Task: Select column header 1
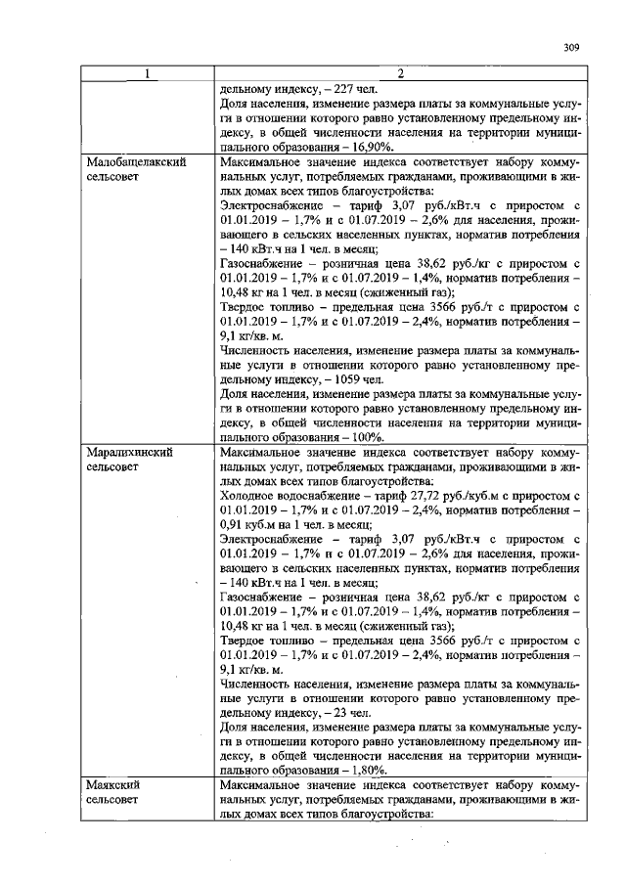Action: click(x=147, y=75)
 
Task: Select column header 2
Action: click(x=399, y=75)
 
